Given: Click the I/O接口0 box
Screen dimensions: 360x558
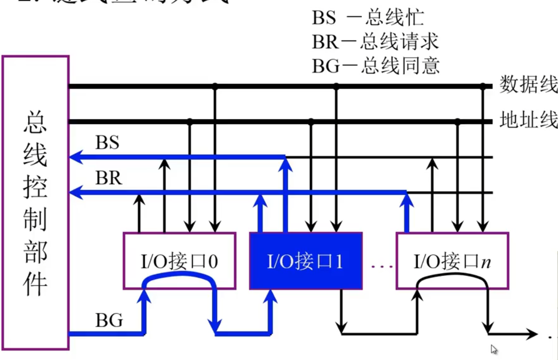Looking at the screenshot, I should pyautogui.click(x=179, y=261).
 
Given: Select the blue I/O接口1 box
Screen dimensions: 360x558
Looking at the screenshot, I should pyautogui.click(x=306, y=261).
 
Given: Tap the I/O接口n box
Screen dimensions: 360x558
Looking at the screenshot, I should pyautogui.click(x=452, y=261).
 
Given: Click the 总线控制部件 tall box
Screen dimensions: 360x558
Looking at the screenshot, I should pyautogui.click(x=35, y=202).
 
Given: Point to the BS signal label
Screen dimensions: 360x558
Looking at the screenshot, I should pyautogui.click(x=107, y=143).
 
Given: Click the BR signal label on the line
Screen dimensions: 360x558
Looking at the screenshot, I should pyautogui.click(x=108, y=179).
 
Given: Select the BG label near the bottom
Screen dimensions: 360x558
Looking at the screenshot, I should pyautogui.click(x=109, y=321).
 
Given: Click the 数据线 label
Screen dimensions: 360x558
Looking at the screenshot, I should pyautogui.click(x=528, y=85).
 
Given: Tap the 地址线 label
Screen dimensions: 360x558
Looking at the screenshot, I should pyautogui.click(x=528, y=120).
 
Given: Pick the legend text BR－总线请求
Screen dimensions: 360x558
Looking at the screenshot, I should pyautogui.click(x=375, y=42).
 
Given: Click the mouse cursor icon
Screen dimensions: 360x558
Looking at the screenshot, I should pyautogui.click(x=494, y=349).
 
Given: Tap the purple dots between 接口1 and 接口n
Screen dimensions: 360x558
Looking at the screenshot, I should pyautogui.click(x=382, y=266).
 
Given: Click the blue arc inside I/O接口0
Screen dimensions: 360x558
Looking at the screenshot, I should pyautogui.click(x=179, y=275).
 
